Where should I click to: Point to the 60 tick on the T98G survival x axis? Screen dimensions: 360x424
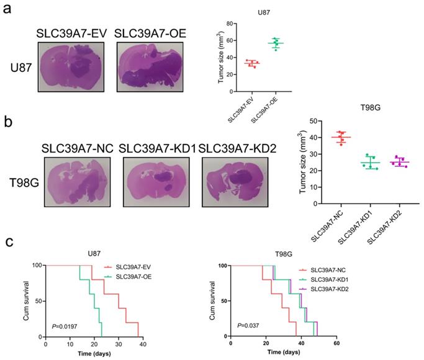click(336, 343)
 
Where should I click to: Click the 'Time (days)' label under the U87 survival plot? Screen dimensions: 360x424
click(94, 353)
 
